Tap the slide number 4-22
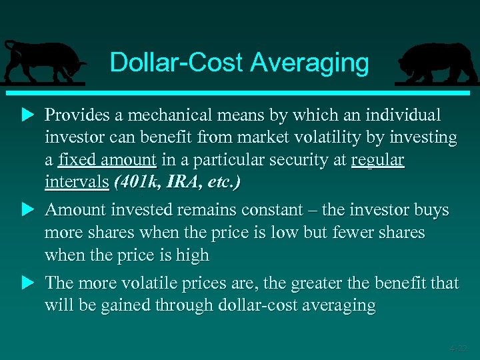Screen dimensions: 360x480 [x=458, y=348]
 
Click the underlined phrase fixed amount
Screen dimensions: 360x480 [x=107, y=161]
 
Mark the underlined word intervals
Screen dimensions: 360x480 [x=76, y=182]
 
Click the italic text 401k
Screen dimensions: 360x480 [x=139, y=182]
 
